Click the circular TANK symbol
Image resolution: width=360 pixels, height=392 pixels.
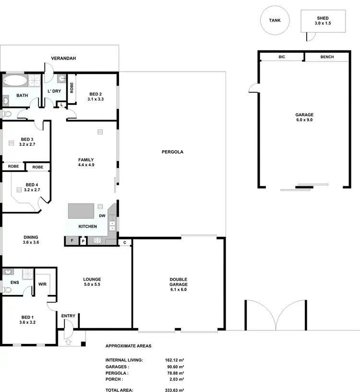click(x=275, y=21)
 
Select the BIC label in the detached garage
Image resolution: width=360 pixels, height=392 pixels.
click(x=282, y=57)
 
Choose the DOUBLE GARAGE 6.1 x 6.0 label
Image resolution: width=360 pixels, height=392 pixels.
click(x=178, y=284)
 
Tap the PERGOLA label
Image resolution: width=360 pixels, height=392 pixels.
click(x=173, y=152)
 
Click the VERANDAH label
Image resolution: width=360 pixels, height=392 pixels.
click(x=64, y=59)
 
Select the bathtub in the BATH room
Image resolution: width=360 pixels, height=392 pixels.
click(x=15, y=80)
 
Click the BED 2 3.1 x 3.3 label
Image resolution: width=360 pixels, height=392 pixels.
click(x=96, y=97)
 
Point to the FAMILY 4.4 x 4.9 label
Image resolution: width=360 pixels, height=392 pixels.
click(x=86, y=162)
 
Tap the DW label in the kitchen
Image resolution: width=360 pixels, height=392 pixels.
click(x=102, y=216)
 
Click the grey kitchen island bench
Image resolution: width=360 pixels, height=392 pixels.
click(x=81, y=211)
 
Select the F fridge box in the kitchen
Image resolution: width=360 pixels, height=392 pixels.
click(x=72, y=241)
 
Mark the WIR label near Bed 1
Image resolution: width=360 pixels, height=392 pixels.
click(x=42, y=284)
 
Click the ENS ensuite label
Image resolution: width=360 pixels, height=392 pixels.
click(x=15, y=282)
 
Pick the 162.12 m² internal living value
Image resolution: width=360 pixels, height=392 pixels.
click(x=174, y=360)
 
